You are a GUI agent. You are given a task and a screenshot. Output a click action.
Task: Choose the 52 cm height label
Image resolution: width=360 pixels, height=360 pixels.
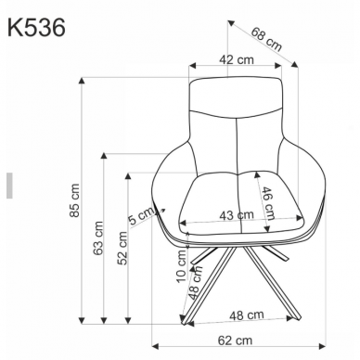click(121, 250)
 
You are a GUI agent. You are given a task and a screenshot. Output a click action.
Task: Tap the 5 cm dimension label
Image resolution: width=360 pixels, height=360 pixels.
click(141, 218)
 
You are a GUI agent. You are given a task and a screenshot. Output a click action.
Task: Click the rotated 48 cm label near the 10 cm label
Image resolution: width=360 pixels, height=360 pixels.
click(195, 281)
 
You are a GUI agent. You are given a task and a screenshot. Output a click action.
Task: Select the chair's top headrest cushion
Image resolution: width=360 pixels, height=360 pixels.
click(236, 97)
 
